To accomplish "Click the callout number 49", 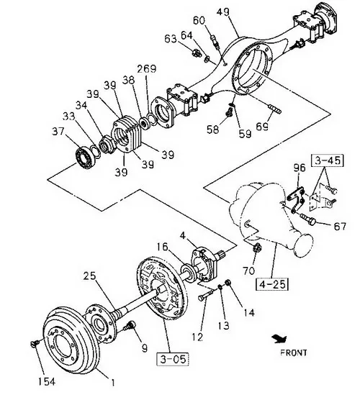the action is (223, 12).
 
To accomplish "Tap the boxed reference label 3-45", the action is (327, 160).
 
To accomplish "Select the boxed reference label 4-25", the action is (272, 284).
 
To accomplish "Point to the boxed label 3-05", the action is (173, 359).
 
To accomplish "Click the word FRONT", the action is (294, 353).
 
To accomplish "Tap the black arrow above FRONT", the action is (279, 339).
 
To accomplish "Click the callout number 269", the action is (146, 69).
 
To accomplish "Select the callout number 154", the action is (47, 381).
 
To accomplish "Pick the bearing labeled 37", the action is (85, 157).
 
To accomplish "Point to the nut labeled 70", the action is (257, 248).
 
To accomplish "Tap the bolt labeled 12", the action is (205, 295).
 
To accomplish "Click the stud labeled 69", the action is (274, 109).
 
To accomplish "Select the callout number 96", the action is (300, 168).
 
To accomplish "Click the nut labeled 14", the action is (228, 283).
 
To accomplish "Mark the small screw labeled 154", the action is (35, 343).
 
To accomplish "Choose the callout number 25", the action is (90, 276).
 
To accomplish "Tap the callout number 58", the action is (212, 130).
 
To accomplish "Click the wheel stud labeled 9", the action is (130, 324).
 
